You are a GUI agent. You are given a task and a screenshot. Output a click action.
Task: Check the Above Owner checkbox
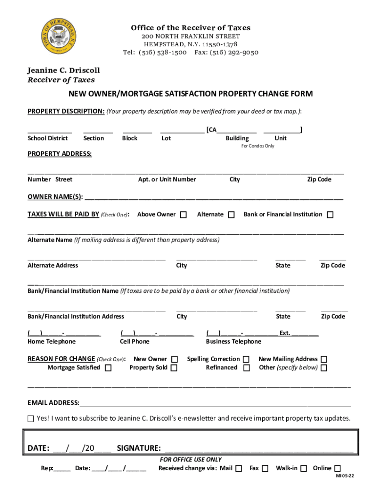[183, 215]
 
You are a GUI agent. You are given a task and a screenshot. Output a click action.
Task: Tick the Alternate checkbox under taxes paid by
[231, 215]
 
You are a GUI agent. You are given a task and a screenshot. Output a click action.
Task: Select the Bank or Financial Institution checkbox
[330, 215]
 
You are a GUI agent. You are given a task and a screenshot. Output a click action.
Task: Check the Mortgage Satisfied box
[108, 368]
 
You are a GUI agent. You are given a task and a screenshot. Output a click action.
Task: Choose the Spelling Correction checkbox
[247, 360]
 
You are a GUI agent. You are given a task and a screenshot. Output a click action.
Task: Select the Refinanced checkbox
[247, 368]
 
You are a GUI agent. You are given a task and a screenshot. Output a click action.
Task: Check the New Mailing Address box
[323, 360]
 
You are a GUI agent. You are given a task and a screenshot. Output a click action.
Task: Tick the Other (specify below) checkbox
[323, 368]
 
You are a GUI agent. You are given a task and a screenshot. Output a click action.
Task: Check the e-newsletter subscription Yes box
[31, 419]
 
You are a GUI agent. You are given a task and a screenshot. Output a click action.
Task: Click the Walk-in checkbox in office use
[304, 469]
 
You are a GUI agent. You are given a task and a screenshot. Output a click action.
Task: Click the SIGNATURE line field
[259, 448]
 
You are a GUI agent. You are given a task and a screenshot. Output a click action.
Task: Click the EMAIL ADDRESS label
[53, 403]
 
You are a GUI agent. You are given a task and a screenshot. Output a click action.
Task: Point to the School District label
[47, 138]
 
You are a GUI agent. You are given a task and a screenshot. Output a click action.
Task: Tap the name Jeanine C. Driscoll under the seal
[63, 71]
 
